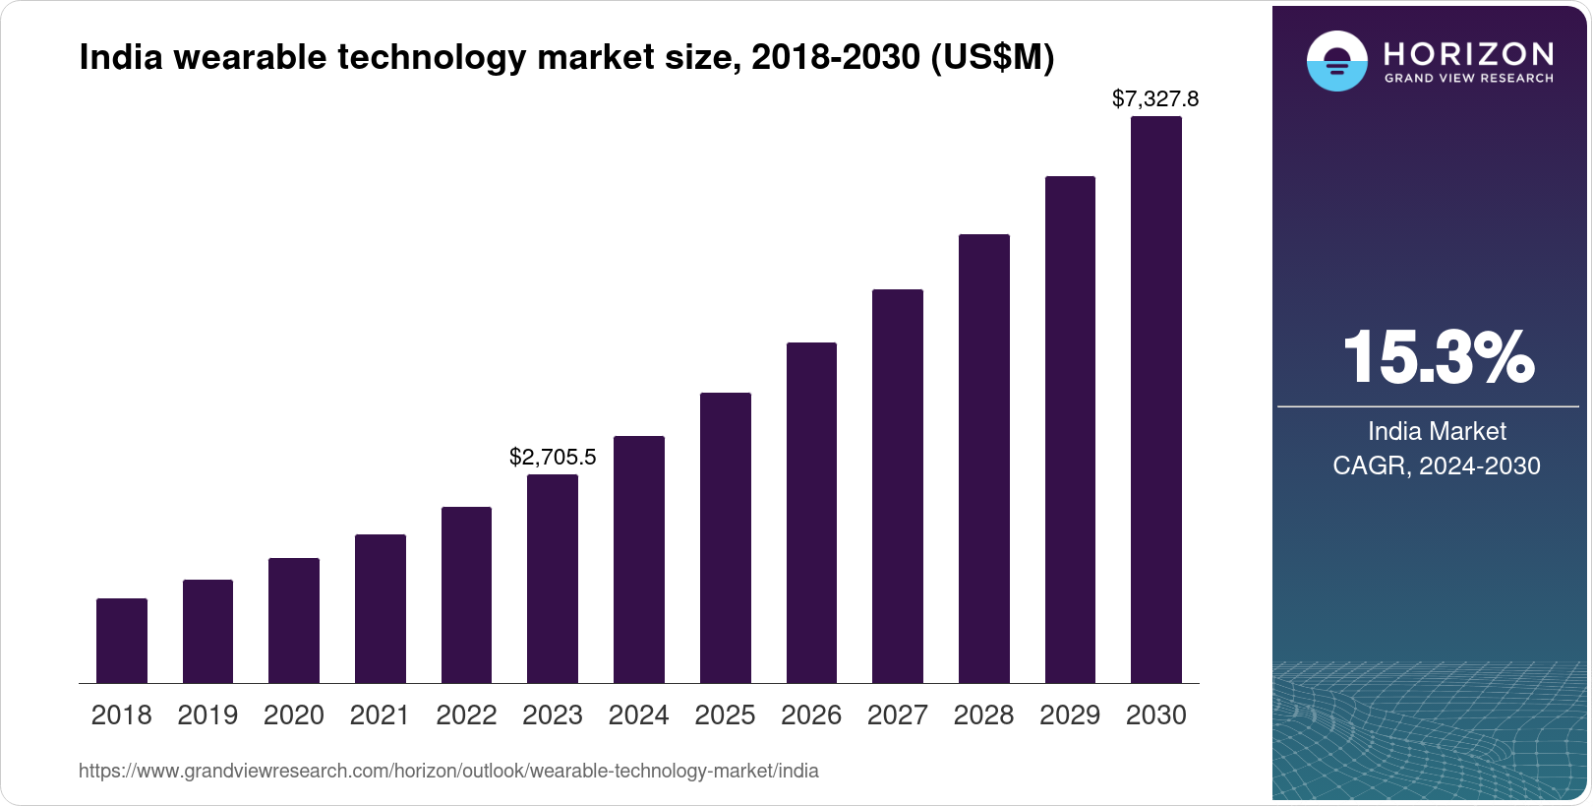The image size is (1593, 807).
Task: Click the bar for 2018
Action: [x=122, y=641]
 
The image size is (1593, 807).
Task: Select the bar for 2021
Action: [x=381, y=609]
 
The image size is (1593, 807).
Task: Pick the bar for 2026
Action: [x=811, y=513]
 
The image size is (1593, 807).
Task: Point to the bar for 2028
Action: [x=983, y=459]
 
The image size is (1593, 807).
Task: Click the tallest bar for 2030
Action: [x=1156, y=400]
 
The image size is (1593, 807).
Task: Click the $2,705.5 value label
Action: [x=553, y=457]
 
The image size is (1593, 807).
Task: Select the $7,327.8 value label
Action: [x=1155, y=98]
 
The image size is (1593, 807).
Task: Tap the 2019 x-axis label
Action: [x=207, y=714]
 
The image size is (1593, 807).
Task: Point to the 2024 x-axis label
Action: [x=639, y=714]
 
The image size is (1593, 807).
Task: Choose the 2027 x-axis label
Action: [x=898, y=714]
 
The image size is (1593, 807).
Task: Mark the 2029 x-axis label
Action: [x=1070, y=714]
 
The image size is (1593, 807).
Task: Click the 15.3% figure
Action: [x=1438, y=357]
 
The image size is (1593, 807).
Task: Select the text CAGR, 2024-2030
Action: [x=1437, y=466]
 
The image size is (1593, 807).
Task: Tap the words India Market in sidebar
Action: [x=1437, y=431]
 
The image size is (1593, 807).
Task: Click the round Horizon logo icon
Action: [x=1337, y=61]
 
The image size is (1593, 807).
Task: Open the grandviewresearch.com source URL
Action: [x=448, y=771]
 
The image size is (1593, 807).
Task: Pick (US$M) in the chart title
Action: [x=992, y=57]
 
